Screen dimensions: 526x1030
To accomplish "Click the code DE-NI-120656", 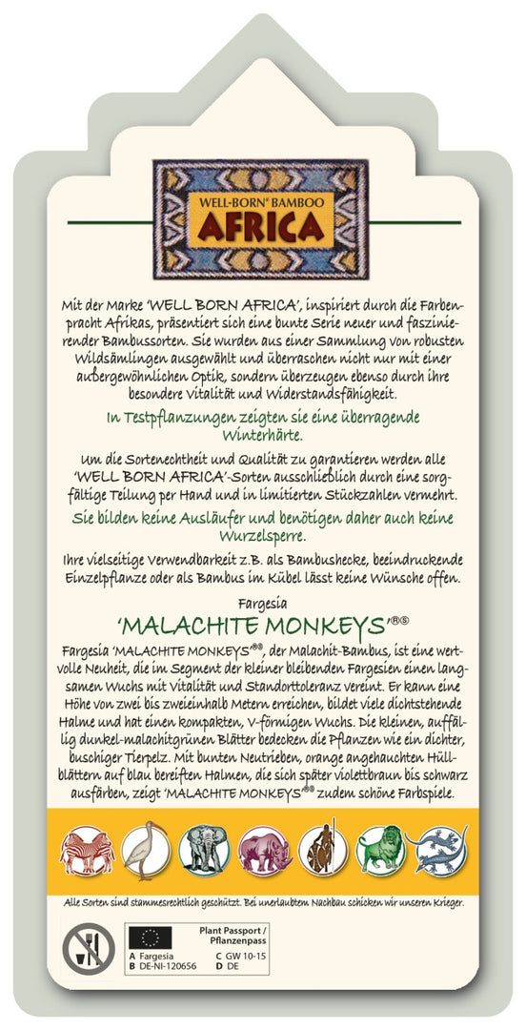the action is [x=173, y=966].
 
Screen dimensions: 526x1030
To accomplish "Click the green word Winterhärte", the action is [x=261, y=436].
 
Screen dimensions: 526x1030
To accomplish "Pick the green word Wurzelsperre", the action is [x=260, y=535].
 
